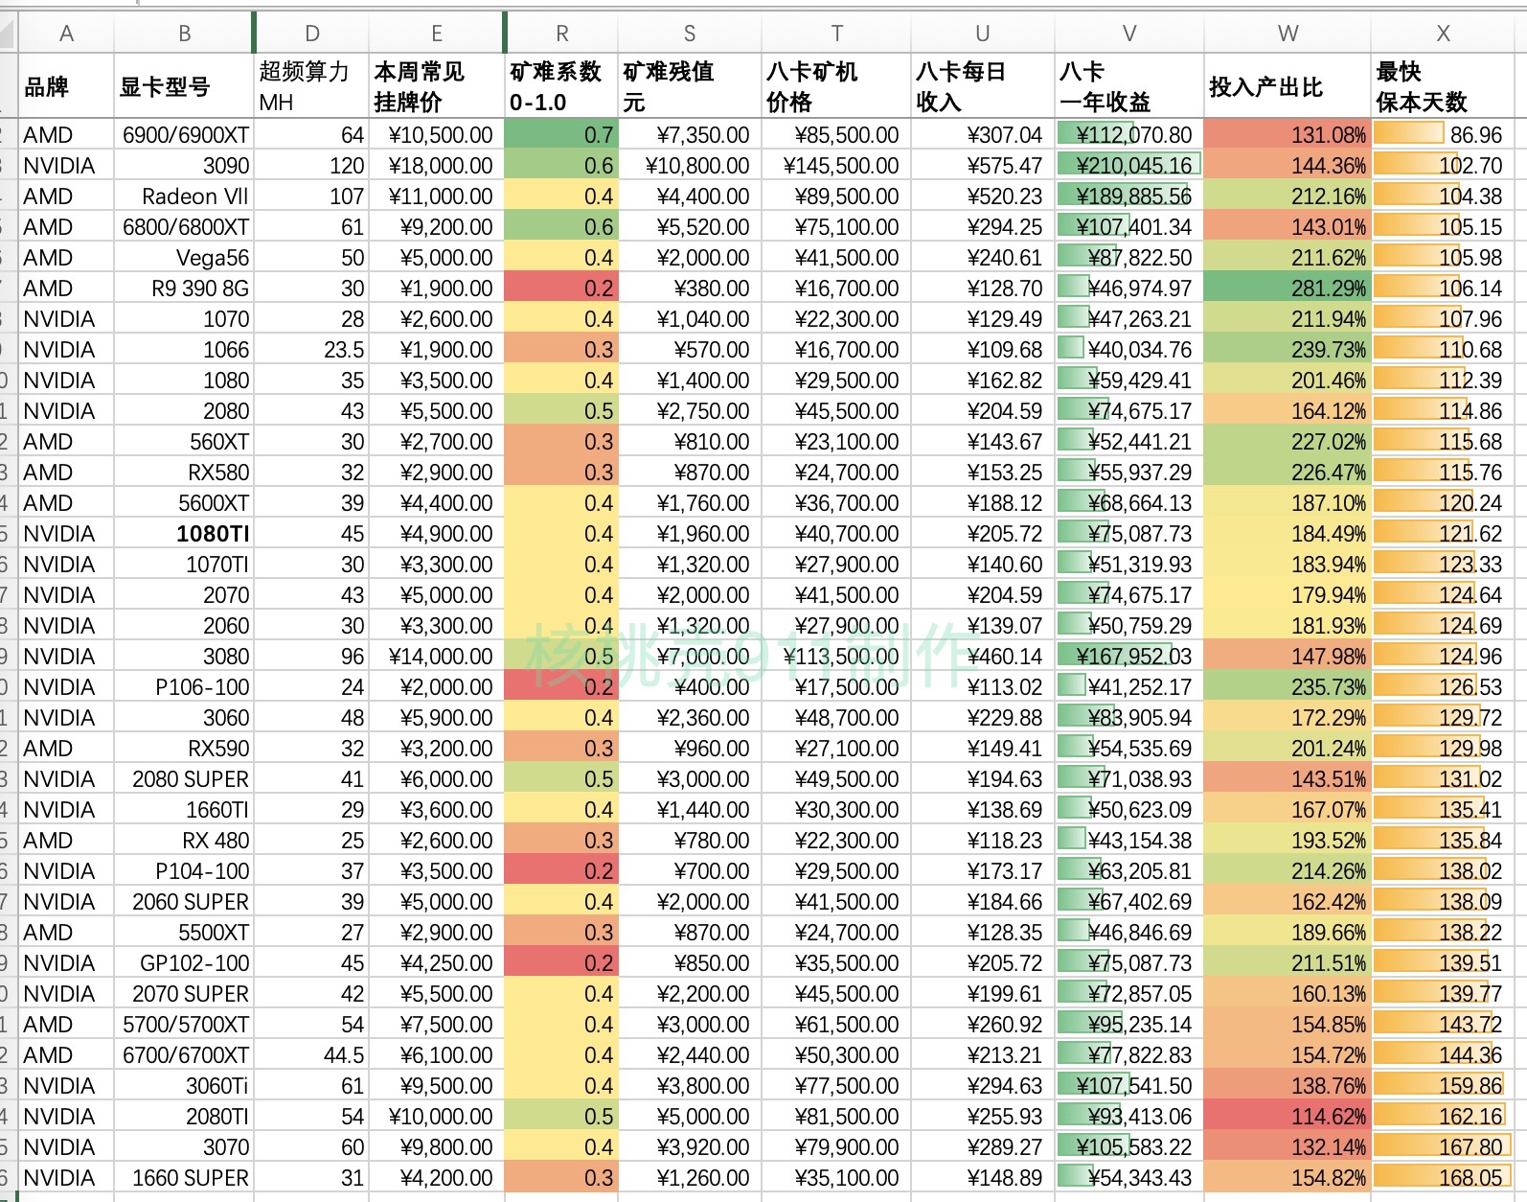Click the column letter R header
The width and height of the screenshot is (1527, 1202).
561,34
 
